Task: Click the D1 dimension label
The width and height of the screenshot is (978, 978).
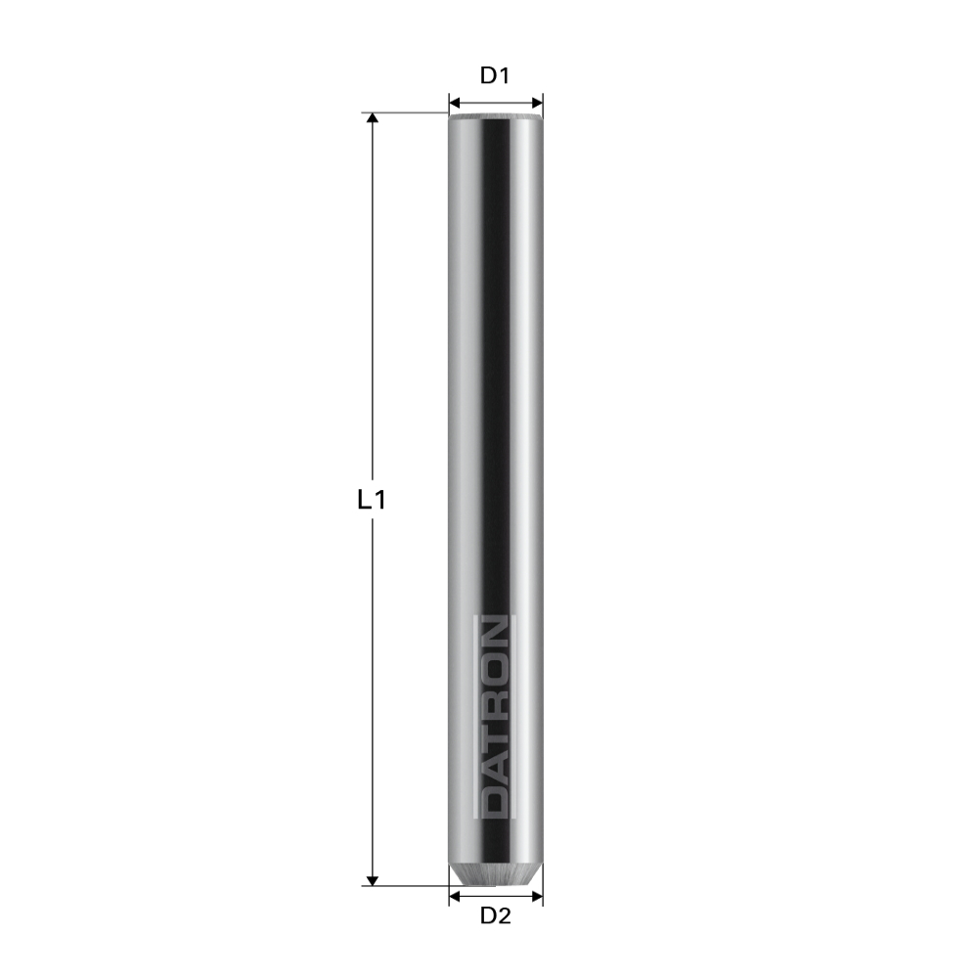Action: [496, 75]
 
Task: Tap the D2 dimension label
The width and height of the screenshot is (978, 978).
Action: [496, 916]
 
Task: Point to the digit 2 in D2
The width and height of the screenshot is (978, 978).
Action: [506, 916]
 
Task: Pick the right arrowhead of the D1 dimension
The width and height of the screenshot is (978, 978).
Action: [537, 102]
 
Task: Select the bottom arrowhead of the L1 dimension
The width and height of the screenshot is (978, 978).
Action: [372, 879]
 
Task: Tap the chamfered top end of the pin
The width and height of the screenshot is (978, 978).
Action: [496, 117]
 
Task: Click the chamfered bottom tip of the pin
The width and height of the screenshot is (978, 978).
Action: [496, 875]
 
